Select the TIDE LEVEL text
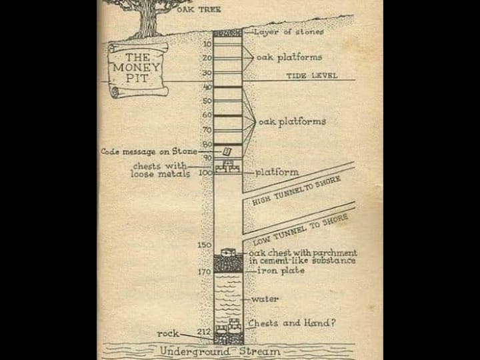pos(311,75)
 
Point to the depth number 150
pos(204,245)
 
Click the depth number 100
pos(205,172)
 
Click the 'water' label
pos(265,299)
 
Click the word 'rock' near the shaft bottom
pos(168,333)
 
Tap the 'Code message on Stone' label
pos(149,152)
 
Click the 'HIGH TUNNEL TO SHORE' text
pos(296,191)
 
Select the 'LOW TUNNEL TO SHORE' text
pos(300,229)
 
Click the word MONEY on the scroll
pos(137,67)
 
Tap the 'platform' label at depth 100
pos(277,172)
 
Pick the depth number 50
pos(207,101)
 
